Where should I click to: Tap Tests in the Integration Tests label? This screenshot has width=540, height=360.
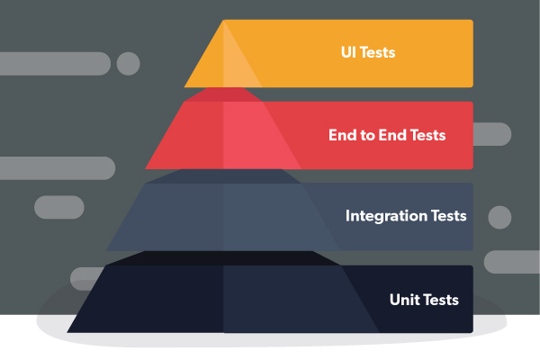447,216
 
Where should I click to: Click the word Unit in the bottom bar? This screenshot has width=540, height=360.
405,300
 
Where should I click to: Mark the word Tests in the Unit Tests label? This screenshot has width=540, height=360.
441,300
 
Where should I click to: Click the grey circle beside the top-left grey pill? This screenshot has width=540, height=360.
128,63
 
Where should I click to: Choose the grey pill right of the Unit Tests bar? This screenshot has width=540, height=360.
512,262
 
